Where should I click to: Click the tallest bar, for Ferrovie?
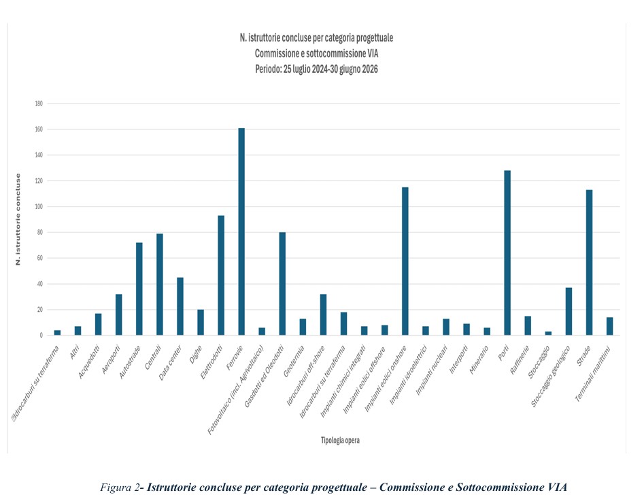[x=241, y=231]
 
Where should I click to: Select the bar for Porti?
[x=507, y=253]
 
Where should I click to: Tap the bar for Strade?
[x=590, y=262]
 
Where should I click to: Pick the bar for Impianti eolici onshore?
[x=405, y=261]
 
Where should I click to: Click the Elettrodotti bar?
[x=221, y=276]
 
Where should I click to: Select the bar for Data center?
[x=180, y=306]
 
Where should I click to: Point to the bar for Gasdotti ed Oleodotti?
[x=283, y=284]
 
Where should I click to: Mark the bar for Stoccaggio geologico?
[x=569, y=311]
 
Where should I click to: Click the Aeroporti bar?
[x=119, y=315]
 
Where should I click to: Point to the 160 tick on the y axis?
[x=39, y=129]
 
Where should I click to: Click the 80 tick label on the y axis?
[x=39, y=233]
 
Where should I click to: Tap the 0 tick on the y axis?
[x=41, y=336]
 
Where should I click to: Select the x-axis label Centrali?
[x=154, y=357]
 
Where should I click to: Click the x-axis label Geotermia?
[x=294, y=361]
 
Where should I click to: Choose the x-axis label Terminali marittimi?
[x=593, y=374]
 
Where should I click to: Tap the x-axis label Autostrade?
[x=130, y=362]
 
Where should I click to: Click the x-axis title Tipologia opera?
[x=340, y=441]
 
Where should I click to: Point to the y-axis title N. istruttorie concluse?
[x=18, y=219]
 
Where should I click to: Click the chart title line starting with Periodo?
[x=316, y=69]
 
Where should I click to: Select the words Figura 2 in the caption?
[x=120, y=488]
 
